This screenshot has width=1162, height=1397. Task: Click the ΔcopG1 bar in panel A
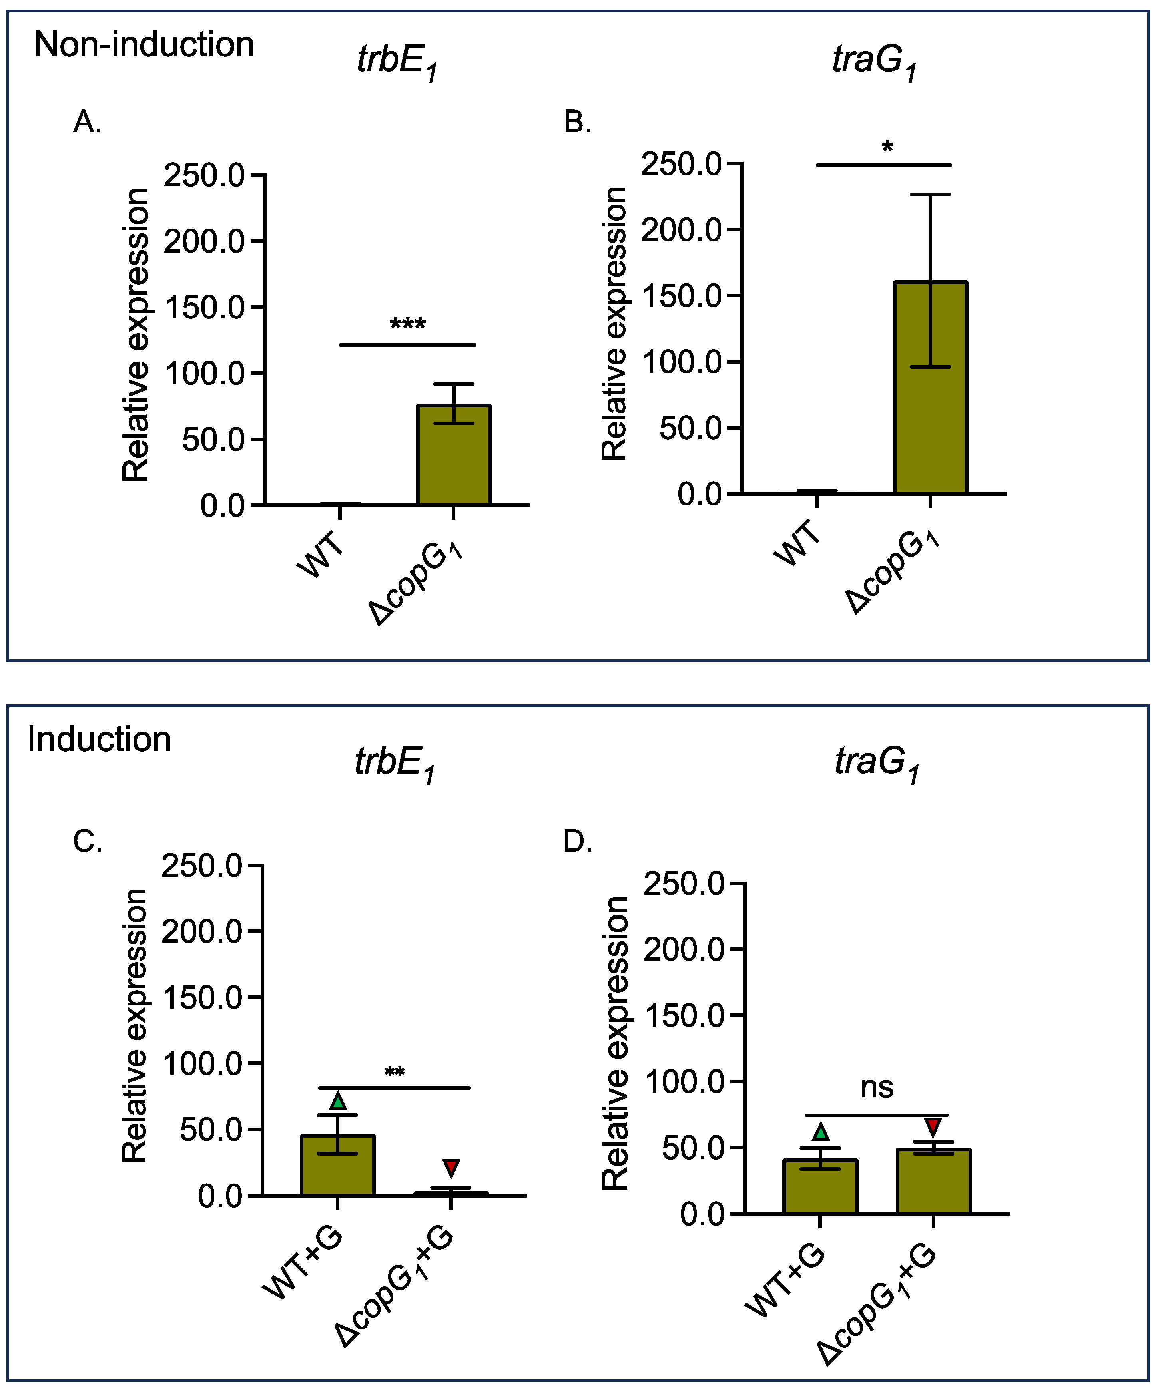[453, 456]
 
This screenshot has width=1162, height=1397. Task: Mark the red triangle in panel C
[451, 1168]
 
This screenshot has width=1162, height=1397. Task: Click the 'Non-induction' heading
[144, 45]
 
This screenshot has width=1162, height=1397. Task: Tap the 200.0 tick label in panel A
[204, 241]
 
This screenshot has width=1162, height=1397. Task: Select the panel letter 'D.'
[577, 842]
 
